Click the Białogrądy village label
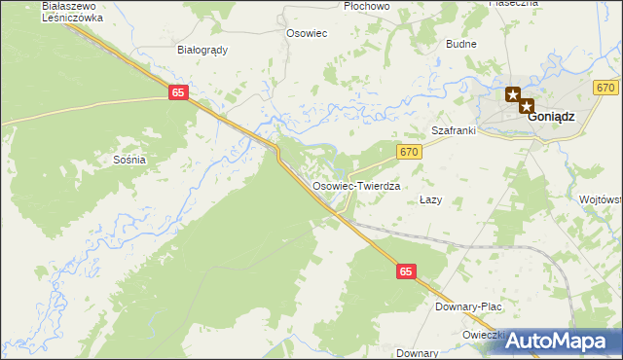pos(202,50)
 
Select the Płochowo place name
pos(367,6)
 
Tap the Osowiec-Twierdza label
pos(356,185)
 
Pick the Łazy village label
pos(430,199)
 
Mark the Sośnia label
pos(129,159)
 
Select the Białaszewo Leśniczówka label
pos(73,12)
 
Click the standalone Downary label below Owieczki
pos(418,353)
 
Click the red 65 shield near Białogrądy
pos(177,91)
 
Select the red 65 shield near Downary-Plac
pos(407,274)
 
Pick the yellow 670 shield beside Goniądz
pos(605,88)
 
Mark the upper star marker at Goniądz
pos(513,94)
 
